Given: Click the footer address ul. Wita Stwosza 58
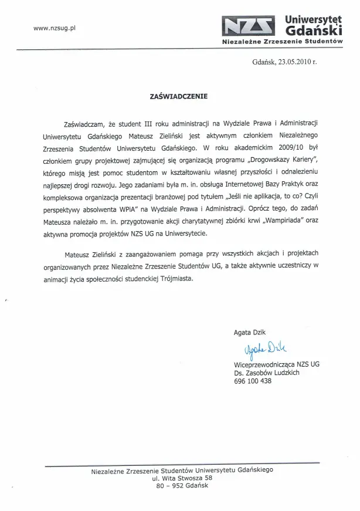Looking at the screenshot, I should pos(179,478).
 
